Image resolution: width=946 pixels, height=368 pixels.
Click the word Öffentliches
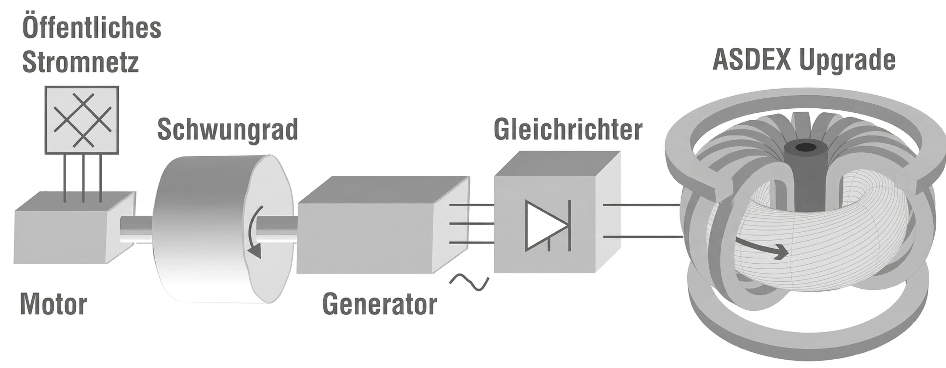coord(92,28)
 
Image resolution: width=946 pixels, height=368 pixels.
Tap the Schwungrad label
coord(227,130)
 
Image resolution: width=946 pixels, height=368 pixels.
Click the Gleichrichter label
coord(568,130)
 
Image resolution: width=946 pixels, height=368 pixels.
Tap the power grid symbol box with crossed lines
coord(82,120)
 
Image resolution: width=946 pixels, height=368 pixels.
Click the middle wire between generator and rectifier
coord(472,223)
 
